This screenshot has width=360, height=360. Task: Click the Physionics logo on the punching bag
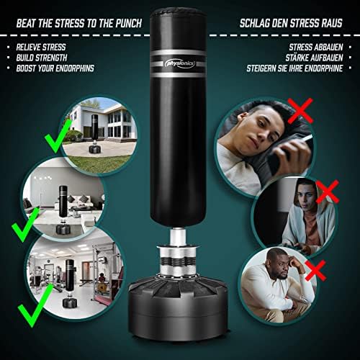180,64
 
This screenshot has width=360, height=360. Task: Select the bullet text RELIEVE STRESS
41,48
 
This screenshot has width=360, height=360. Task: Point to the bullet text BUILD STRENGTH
42,58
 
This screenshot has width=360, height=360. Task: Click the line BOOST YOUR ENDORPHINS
55,68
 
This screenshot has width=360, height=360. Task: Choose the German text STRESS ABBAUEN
316,48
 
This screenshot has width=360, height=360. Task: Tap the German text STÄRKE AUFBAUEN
314,58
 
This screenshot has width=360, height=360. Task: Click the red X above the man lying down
300,111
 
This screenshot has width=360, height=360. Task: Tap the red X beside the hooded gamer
328,192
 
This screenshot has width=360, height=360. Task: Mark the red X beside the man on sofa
315,270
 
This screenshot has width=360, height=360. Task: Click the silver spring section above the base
178,261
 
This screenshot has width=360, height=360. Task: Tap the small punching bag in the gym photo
69,283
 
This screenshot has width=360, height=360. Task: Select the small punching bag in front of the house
94,134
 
